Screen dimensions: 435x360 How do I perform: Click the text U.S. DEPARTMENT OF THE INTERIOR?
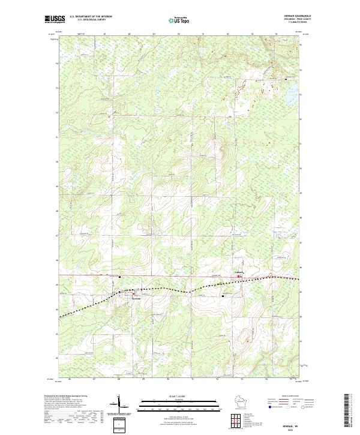pyautogui.click(x=91, y=16)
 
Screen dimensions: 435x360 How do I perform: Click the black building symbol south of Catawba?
pyautogui.click(x=223, y=296)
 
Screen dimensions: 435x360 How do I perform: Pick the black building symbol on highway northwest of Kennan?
pyautogui.click(x=120, y=277)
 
